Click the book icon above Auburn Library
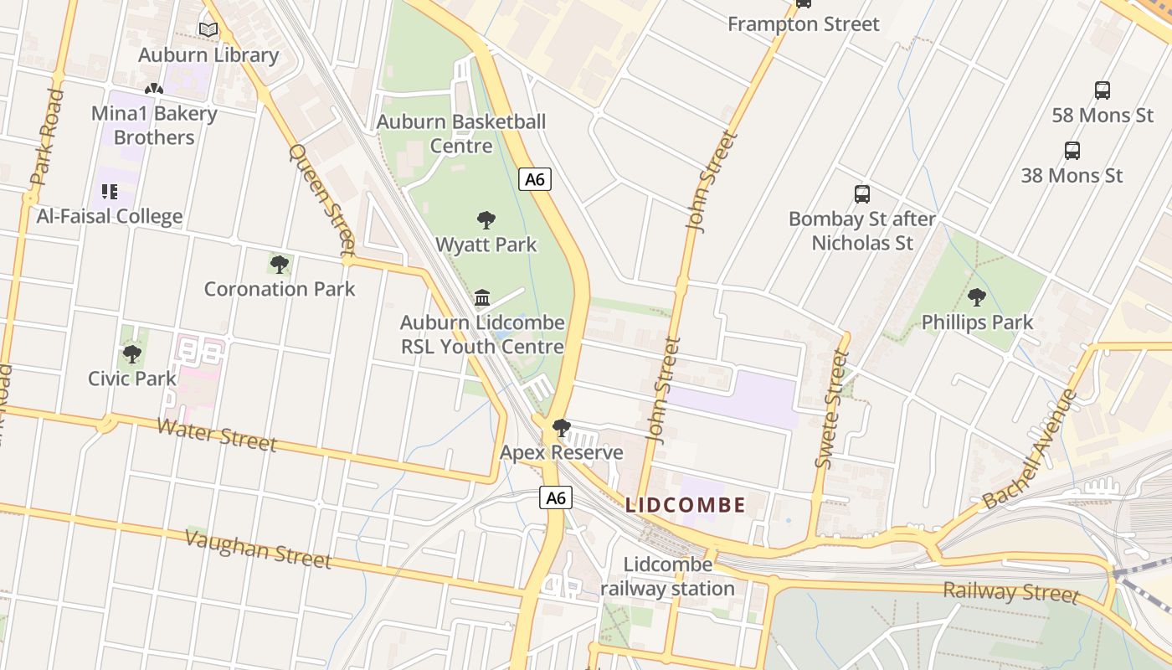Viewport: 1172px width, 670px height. coord(208,30)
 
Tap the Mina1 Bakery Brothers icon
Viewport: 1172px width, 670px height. coord(153,89)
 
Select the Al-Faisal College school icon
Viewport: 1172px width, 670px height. coord(109,192)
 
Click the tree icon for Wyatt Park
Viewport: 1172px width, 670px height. coord(486,220)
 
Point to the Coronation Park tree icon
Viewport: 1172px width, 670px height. coord(280,265)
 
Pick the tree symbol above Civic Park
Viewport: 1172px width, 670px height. coord(132,353)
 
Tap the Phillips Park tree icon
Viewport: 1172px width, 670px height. coord(976,297)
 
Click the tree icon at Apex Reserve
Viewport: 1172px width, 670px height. coord(561,428)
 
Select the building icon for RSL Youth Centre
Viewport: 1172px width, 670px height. coord(482,297)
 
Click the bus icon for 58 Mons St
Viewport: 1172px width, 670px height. coord(1103,90)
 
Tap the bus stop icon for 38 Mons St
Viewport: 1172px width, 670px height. coord(1072,151)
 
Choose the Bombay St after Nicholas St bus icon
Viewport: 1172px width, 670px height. coord(862,194)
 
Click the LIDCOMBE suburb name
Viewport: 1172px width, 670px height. coord(686,505)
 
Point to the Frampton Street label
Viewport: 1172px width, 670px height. coord(803,24)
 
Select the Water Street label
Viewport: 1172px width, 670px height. coord(217,435)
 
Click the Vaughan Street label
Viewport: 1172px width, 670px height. coord(258,549)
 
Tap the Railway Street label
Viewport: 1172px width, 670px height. coord(1010,591)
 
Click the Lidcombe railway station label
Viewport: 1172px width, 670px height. coord(667,576)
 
